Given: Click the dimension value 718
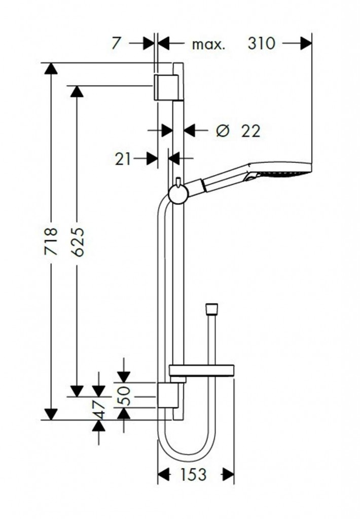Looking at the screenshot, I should coord(51,242).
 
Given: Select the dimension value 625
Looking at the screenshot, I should coord(77,242).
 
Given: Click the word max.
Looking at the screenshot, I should coord(208,45).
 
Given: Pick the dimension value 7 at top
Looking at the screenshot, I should coord(116,44).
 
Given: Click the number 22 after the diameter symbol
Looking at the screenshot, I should coord(250,131).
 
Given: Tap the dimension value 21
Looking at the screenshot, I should coord(123,159).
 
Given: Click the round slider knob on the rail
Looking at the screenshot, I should coord(178,193).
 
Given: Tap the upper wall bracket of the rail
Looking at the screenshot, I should coord(166,87).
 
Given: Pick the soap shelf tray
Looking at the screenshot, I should coord(201,370).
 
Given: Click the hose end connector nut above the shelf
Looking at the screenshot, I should coord(212,309).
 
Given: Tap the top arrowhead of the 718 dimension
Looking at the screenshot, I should coord(51,69).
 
